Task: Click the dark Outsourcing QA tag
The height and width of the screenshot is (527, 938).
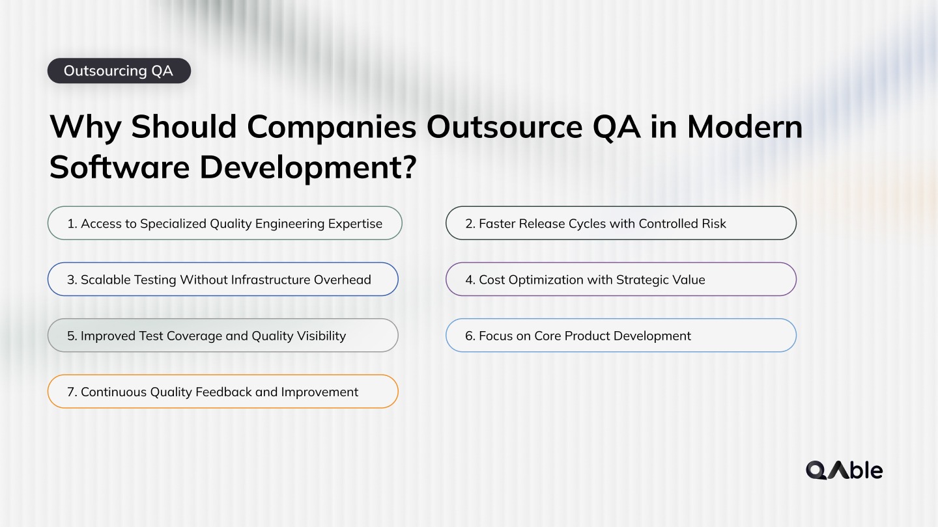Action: [119, 71]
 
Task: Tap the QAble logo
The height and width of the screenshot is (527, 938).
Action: [844, 470]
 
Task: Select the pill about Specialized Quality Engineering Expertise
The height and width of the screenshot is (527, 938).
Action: [225, 223]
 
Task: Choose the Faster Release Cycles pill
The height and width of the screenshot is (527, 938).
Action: [621, 223]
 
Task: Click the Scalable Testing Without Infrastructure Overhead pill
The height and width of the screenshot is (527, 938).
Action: [223, 279]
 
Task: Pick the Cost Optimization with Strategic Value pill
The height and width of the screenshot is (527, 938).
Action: [621, 279]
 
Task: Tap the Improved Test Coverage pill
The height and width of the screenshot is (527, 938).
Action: [223, 335]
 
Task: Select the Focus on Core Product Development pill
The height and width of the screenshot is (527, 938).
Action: [621, 335]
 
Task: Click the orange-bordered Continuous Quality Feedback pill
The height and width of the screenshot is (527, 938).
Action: [223, 391]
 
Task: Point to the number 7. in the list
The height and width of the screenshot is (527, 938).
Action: [72, 392]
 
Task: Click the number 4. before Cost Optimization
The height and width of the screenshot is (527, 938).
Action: [470, 280]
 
